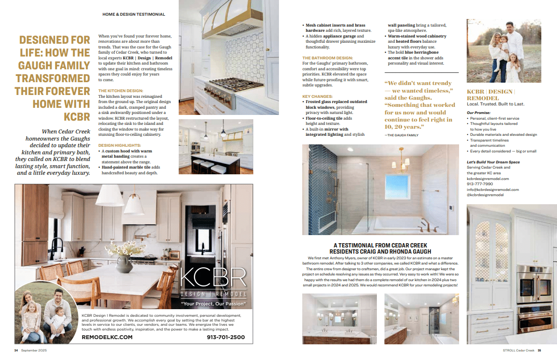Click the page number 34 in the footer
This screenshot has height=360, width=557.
pyautogui.click(x=16, y=351)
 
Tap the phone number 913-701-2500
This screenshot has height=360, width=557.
pyautogui.click(x=226, y=337)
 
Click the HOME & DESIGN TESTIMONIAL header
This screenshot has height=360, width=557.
pyautogui.click(x=134, y=14)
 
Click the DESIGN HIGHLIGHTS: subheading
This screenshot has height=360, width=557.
pyautogui.click(x=119, y=145)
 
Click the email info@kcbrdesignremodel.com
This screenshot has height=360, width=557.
pyautogui.click(x=493, y=189)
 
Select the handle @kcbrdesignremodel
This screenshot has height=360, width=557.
pyautogui.click(x=485, y=195)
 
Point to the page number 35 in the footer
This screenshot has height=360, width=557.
pyautogui.click(x=539, y=351)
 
